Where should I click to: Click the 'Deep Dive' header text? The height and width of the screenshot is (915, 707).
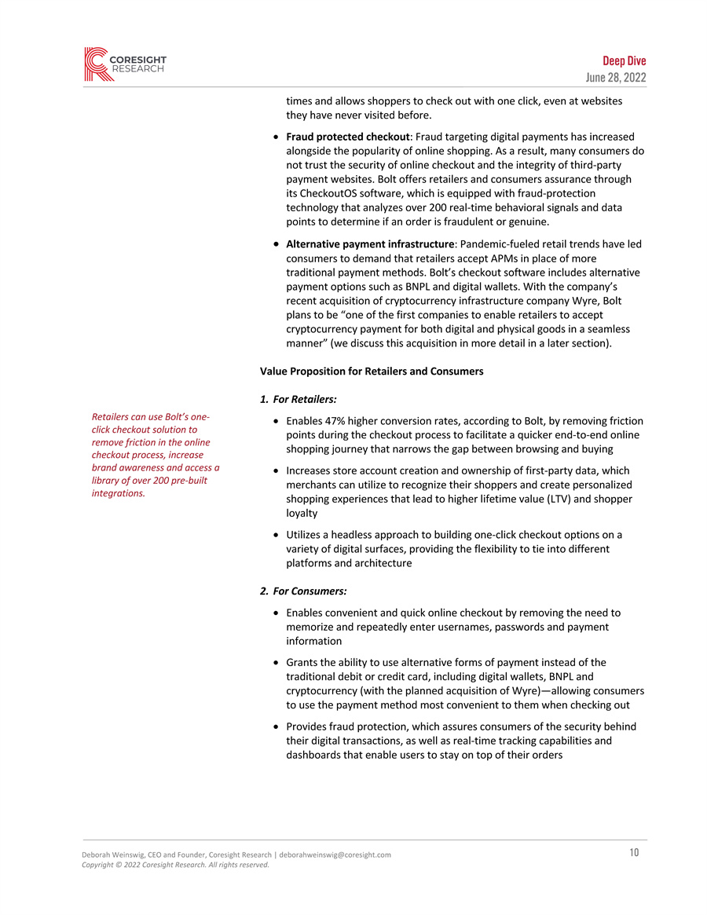(x=624, y=61)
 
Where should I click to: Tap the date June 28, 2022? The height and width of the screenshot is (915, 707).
(x=617, y=77)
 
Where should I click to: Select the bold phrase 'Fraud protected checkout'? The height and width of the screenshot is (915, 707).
(x=348, y=137)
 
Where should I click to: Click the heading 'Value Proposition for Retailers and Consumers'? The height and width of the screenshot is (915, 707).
(x=372, y=371)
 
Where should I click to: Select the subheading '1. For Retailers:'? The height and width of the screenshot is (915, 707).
(x=298, y=400)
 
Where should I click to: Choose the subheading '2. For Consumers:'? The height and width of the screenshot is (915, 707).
(x=303, y=591)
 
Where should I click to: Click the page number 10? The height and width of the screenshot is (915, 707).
(x=633, y=853)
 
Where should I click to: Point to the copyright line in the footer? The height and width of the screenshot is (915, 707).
(x=175, y=865)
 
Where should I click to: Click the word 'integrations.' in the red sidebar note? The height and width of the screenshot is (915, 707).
(x=119, y=492)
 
